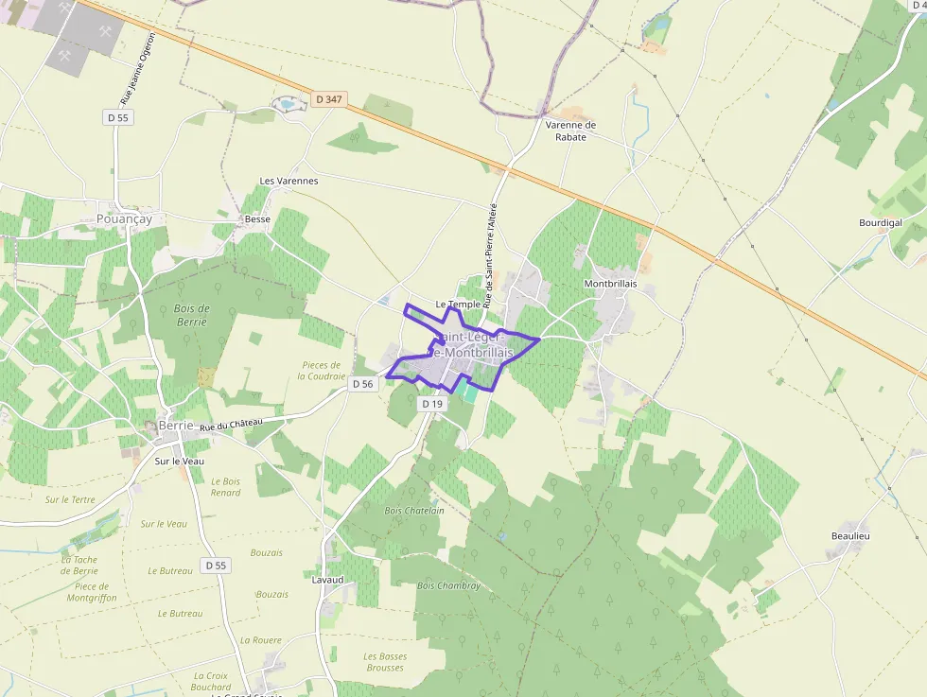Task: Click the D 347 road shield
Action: click(x=328, y=98)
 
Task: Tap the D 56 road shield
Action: click(x=363, y=384)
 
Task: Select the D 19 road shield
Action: click(x=431, y=404)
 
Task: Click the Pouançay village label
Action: click(x=124, y=218)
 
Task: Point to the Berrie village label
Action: click(x=175, y=426)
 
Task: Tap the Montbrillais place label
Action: click(x=610, y=284)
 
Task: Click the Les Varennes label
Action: click(x=289, y=181)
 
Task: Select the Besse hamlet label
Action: click(x=257, y=219)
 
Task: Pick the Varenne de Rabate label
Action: click(x=571, y=131)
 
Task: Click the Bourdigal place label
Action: click(x=880, y=223)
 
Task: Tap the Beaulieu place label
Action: click(x=849, y=536)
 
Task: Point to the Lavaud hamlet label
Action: click(x=327, y=580)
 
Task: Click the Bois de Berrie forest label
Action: click(x=192, y=315)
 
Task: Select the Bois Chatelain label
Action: click(x=414, y=511)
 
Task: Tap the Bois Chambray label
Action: click(x=448, y=585)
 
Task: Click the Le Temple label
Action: click(x=458, y=305)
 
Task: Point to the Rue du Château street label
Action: click(x=231, y=427)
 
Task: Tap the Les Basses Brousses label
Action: click(x=385, y=662)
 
